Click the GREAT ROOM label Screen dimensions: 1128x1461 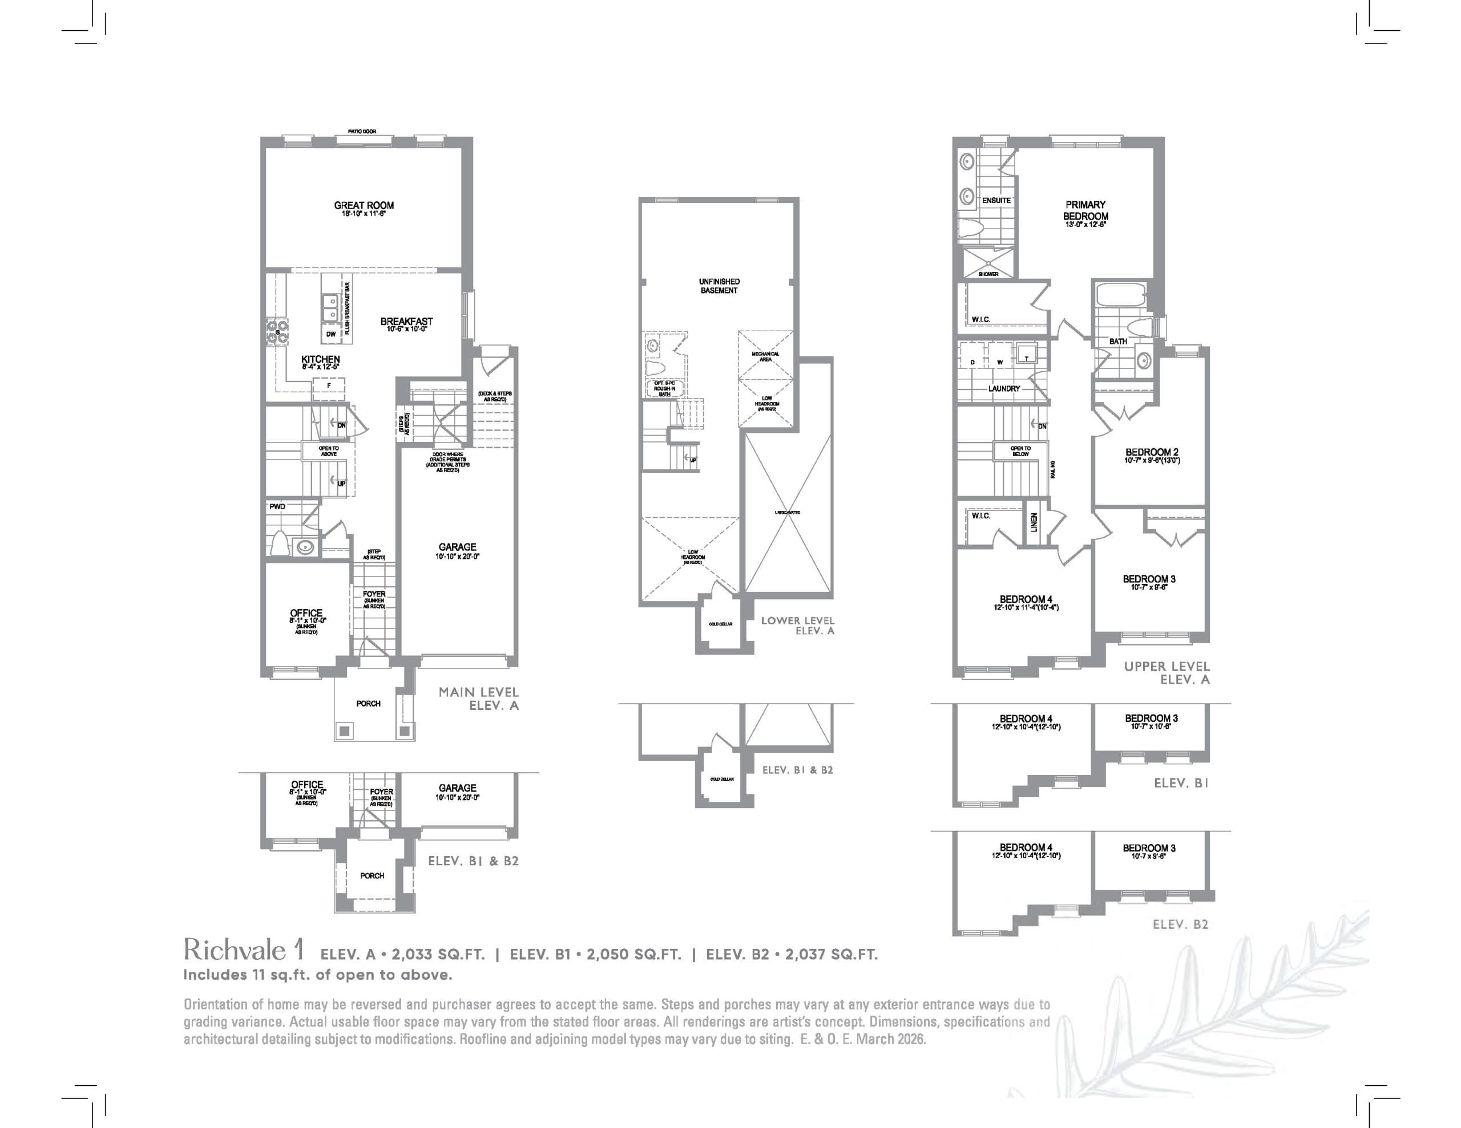[x=364, y=205]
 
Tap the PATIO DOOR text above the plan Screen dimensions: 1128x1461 [x=362, y=132]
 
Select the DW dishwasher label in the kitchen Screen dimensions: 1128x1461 [x=330, y=334]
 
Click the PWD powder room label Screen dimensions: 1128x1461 [x=277, y=507]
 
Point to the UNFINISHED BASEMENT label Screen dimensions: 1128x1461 [x=719, y=286]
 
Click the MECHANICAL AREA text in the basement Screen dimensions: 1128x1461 [x=765, y=356]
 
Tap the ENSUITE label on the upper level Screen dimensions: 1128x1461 [x=996, y=201]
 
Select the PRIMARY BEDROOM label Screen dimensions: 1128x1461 [x=1085, y=210]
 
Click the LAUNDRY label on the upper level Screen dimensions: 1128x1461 [x=1004, y=388]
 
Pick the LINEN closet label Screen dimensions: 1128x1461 [x=1034, y=522]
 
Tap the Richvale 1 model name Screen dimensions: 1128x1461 [x=244, y=950]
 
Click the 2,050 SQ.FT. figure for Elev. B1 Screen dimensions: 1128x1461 [x=633, y=955]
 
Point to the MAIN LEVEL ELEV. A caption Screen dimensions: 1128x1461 [x=478, y=699]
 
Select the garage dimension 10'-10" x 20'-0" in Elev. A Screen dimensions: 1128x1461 [x=458, y=557]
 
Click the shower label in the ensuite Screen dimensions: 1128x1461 [x=988, y=274]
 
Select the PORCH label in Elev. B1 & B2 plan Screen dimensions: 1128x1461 [x=372, y=876]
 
